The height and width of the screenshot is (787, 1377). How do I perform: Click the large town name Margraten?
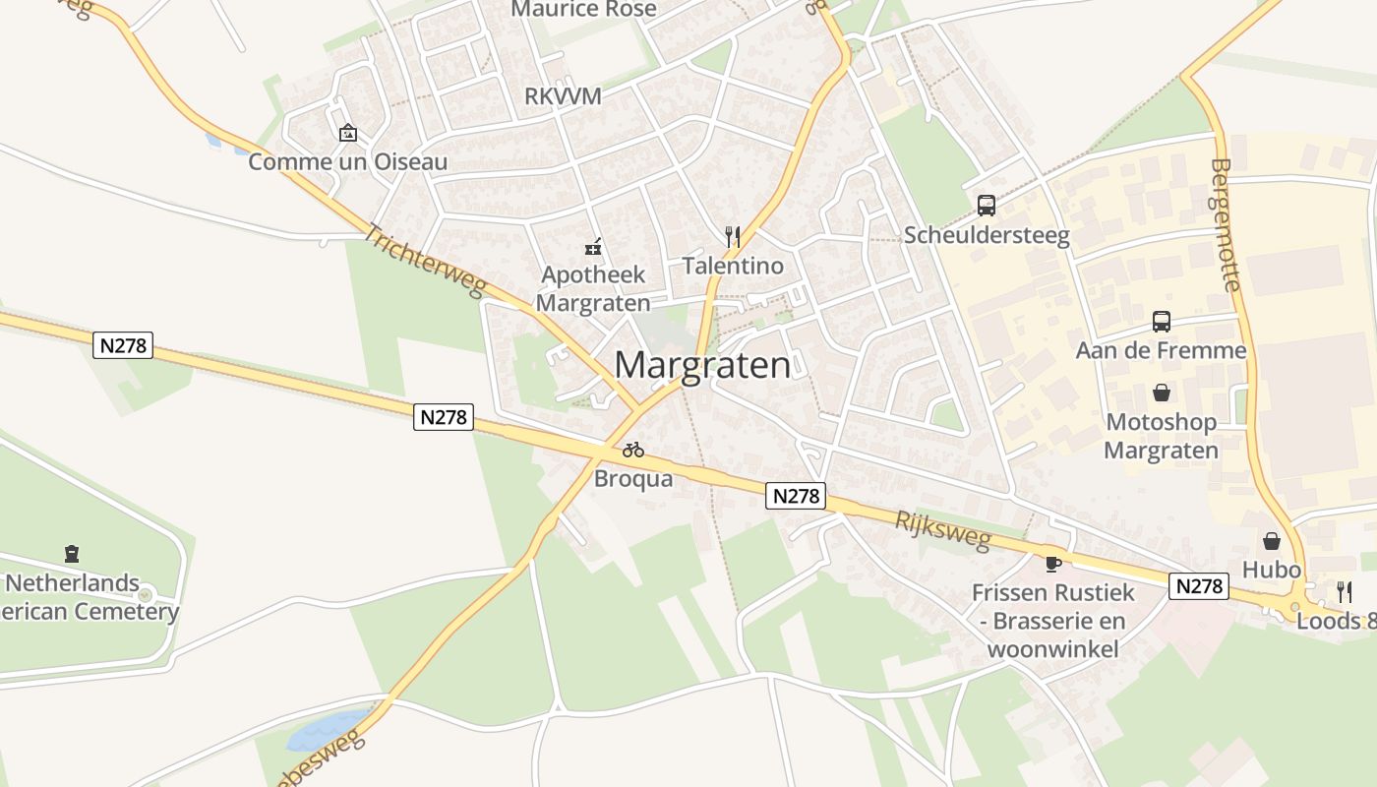tap(702, 365)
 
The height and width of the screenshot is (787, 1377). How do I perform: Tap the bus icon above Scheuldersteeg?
tap(987, 206)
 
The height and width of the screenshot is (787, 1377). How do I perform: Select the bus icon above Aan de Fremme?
tap(1162, 322)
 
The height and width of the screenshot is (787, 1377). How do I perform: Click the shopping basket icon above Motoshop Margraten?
tap(1162, 393)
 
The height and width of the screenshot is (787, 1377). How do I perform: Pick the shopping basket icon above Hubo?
tap(1272, 541)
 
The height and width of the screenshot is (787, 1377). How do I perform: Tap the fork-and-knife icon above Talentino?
tap(733, 237)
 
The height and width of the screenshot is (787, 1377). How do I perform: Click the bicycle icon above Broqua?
tap(633, 451)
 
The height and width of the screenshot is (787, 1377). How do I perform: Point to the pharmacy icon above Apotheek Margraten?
tap(593, 246)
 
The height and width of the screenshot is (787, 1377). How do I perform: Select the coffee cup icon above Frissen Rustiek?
tap(1053, 564)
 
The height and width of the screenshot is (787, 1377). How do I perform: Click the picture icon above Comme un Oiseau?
tap(347, 133)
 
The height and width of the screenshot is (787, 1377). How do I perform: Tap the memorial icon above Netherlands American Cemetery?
tap(71, 554)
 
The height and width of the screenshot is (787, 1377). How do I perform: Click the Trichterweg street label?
tap(425, 261)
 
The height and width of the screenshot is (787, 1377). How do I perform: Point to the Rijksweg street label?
tap(942, 531)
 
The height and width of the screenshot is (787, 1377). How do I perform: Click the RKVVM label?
tap(563, 96)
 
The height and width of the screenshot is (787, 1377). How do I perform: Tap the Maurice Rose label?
tap(583, 10)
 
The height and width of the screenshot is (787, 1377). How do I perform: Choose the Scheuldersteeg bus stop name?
tap(987, 235)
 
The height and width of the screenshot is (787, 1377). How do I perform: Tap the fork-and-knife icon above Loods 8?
tap(1344, 591)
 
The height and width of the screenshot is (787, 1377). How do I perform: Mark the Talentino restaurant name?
tap(733, 266)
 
